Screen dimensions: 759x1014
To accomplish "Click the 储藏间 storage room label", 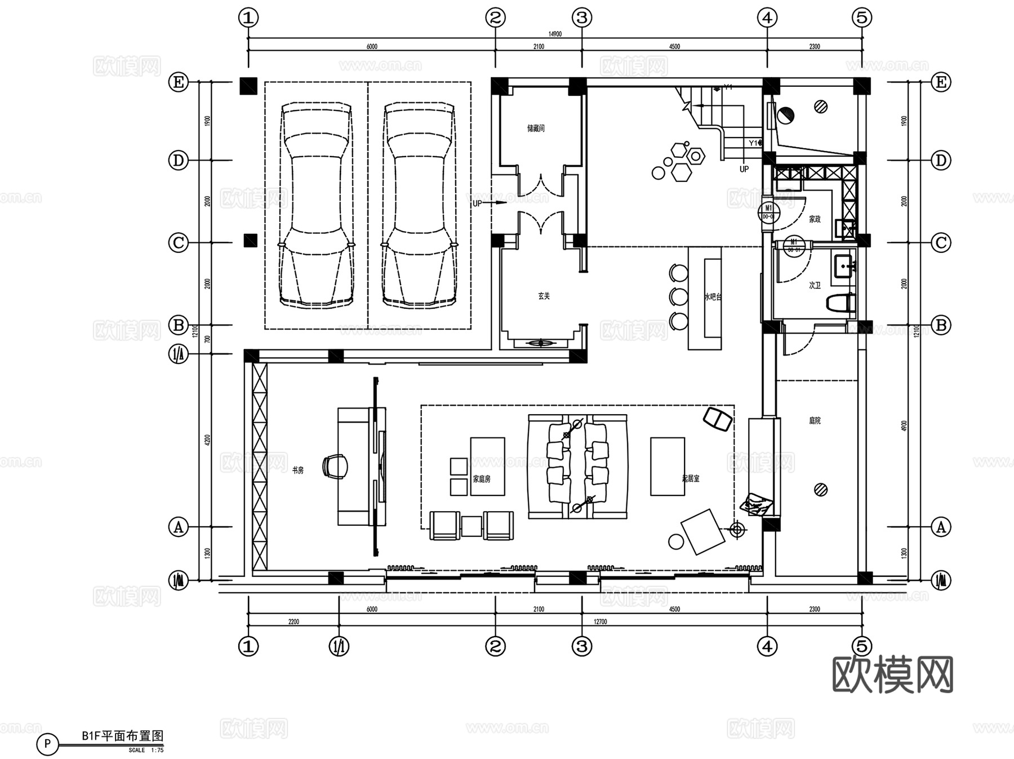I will (536, 128).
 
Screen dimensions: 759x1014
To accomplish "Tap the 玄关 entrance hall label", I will (544, 296).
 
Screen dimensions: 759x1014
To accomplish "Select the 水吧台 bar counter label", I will (713, 297).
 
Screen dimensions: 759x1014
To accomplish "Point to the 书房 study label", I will (297, 470).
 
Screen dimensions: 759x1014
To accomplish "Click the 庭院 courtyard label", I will (815, 420).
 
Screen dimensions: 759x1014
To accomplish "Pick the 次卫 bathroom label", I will (815, 286).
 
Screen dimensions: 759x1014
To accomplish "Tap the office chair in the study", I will (335, 467).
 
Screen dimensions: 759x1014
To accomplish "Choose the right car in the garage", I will (419, 206).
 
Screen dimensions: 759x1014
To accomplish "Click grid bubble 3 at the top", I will (582, 18).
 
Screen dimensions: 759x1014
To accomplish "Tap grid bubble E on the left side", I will (179, 82).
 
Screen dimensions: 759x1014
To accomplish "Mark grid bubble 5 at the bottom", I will (862, 646).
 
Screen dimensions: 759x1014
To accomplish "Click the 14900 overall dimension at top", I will (555, 34).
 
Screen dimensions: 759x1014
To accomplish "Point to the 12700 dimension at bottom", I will (600, 622).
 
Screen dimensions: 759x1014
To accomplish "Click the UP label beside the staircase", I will (744, 169).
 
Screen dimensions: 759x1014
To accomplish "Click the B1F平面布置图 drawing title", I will (122, 735).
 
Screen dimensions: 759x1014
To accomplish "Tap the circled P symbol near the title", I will (47, 744).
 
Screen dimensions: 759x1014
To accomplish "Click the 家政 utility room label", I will (815, 219).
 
